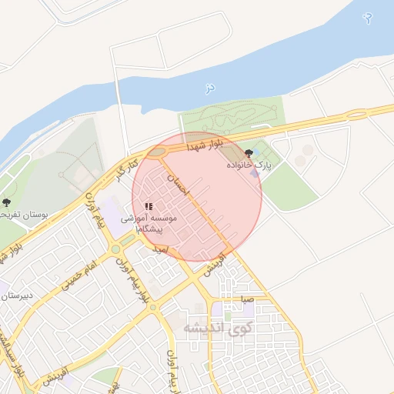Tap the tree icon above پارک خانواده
(x=248, y=153)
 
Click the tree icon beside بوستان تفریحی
(x=7, y=203)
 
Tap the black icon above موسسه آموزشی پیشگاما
(x=149, y=206)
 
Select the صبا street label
(x=246, y=299)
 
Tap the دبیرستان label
(x=15, y=294)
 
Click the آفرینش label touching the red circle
(x=213, y=264)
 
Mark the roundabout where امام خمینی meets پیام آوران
(x=115, y=249)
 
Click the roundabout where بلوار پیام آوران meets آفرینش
(x=153, y=307)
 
